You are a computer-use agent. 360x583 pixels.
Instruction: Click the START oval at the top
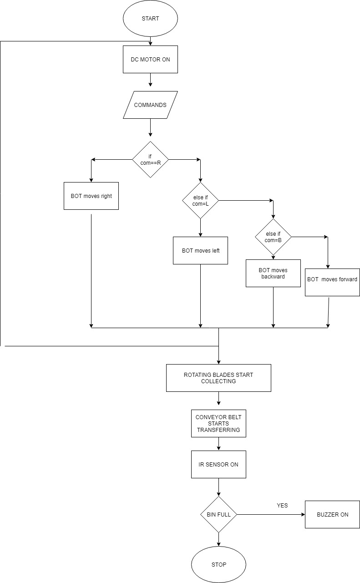tap(150, 19)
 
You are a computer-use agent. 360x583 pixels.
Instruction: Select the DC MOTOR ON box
tap(150, 59)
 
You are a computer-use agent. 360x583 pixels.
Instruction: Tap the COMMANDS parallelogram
tap(150, 105)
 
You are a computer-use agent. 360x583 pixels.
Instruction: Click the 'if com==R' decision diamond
tap(150, 159)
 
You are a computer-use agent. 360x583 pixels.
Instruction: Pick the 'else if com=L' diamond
tap(200, 200)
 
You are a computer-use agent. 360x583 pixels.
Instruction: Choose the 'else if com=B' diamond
tap(273, 237)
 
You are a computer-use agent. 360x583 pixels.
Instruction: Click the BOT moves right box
tap(91, 196)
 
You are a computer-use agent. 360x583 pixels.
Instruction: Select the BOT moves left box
tap(200, 250)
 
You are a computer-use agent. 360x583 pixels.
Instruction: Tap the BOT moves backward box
tap(273, 273)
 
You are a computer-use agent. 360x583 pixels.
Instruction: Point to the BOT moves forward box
tap(332, 279)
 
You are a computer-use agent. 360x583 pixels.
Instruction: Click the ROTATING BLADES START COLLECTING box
tap(218, 378)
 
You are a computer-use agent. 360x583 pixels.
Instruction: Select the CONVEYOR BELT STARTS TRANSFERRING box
tap(218, 423)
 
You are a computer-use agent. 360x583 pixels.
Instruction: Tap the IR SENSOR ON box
tap(218, 464)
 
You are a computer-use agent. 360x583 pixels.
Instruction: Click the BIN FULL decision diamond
tap(218, 514)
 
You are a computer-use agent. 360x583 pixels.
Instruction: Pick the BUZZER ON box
tap(332, 514)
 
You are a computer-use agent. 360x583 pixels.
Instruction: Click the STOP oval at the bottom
tap(218, 564)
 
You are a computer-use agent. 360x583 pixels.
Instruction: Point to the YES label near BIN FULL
tap(282, 505)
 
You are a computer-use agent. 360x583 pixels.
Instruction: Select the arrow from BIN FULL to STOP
tap(218, 539)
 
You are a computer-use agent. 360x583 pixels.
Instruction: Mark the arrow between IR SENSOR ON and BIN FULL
tap(218, 487)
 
